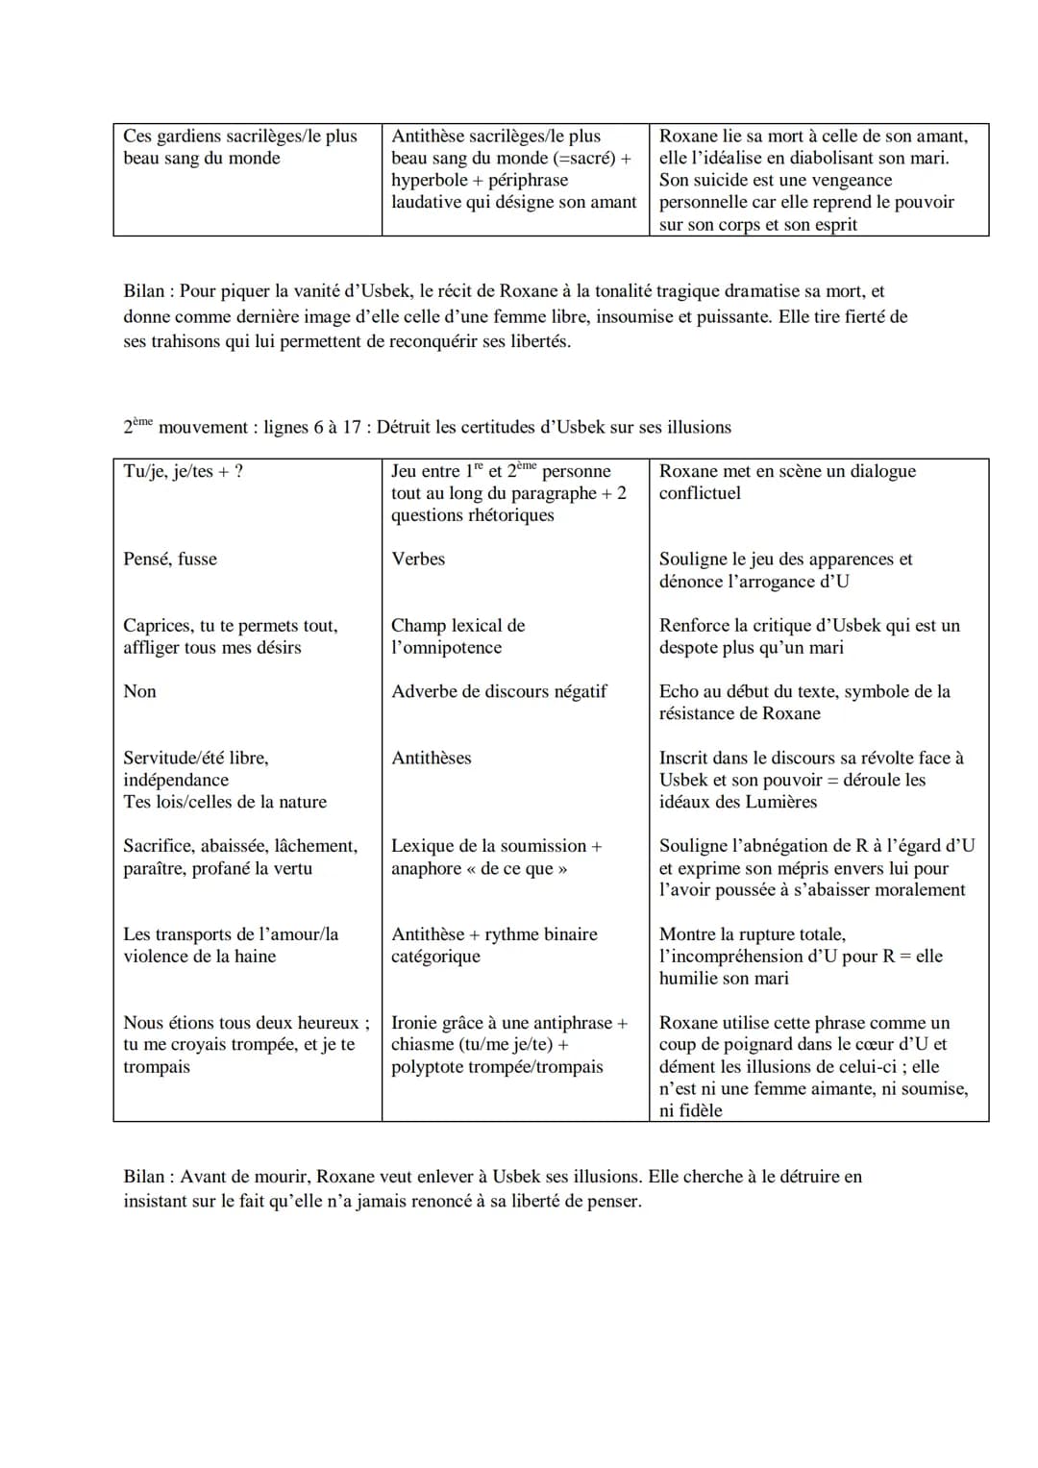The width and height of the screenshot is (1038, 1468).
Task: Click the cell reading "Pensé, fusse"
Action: [170, 560]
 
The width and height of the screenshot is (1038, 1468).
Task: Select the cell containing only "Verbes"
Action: [418, 560]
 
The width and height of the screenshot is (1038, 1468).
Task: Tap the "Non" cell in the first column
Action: [139, 692]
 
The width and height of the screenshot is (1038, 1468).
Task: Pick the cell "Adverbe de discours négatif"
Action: [499, 692]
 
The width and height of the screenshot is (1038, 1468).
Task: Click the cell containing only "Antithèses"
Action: [431, 759]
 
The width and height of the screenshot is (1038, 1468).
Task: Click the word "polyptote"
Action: [428, 1067]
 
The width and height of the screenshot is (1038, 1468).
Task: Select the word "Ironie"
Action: [414, 1023]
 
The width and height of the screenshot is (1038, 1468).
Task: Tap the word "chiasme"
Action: [422, 1045]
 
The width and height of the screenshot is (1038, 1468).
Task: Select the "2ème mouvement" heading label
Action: [187, 428]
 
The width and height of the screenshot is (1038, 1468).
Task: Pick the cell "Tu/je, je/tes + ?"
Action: [183, 471]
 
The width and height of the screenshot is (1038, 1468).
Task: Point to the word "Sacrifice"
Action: [158, 847]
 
